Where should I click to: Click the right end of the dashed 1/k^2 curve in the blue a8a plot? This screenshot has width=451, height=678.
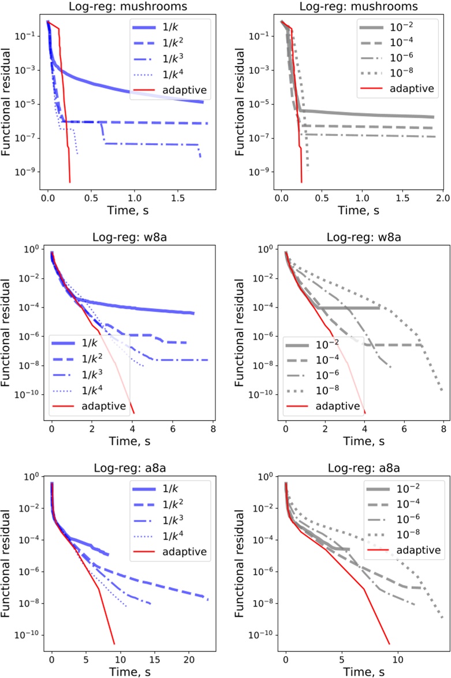(208, 600)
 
